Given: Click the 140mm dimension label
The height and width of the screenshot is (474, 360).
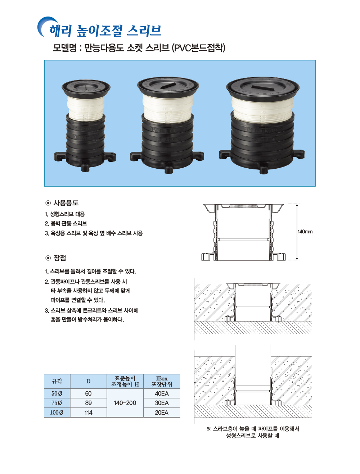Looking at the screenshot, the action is click(305, 232).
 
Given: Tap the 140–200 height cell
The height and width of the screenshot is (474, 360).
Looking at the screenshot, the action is click(125, 403).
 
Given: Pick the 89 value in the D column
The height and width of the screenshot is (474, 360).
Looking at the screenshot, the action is click(88, 403).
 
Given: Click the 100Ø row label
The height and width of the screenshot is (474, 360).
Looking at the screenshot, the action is click(57, 413).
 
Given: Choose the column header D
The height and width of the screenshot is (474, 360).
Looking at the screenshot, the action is click(88, 381).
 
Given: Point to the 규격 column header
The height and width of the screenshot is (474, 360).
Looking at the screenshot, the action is click(57, 381).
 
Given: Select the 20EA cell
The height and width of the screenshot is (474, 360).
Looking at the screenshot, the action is click(162, 413).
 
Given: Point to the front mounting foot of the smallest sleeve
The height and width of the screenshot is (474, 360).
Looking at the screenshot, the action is click(85, 167).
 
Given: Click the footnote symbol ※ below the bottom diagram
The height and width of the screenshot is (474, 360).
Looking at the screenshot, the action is click(208, 429).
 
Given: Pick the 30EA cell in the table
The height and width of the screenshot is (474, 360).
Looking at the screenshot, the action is click(162, 403).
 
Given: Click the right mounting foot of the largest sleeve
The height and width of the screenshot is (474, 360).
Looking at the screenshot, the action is click(299, 154).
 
